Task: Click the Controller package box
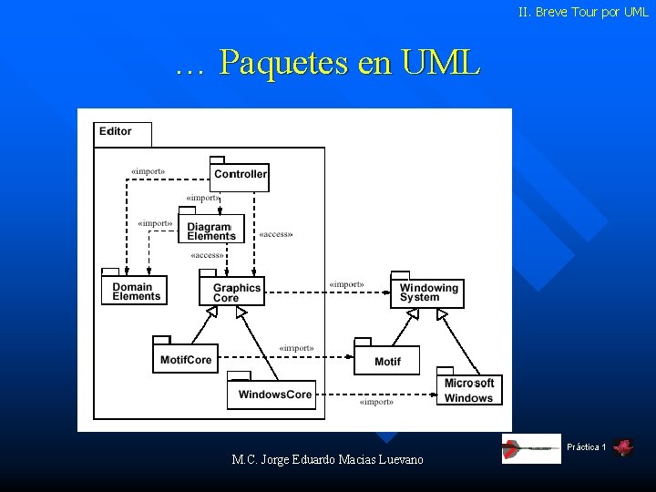(x=241, y=174)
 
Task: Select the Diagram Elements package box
(x=211, y=231)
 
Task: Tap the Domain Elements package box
(x=137, y=292)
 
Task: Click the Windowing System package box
(x=428, y=292)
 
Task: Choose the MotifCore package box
(x=186, y=360)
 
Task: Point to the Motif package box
(x=387, y=361)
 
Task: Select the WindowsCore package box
(x=275, y=395)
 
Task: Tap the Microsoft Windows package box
(x=469, y=390)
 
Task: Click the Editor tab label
(x=117, y=131)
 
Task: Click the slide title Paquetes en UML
(x=327, y=63)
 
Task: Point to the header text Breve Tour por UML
(x=583, y=13)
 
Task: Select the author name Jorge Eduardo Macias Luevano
(x=328, y=460)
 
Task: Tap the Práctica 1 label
(x=586, y=447)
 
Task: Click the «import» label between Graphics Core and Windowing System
(x=346, y=284)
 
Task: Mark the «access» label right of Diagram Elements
(x=276, y=234)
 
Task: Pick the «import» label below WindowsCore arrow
(x=376, y=402)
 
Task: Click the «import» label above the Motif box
(x=296, y=347)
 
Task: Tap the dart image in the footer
(x=531, y=448)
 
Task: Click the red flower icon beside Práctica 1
(x=623, y=447)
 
